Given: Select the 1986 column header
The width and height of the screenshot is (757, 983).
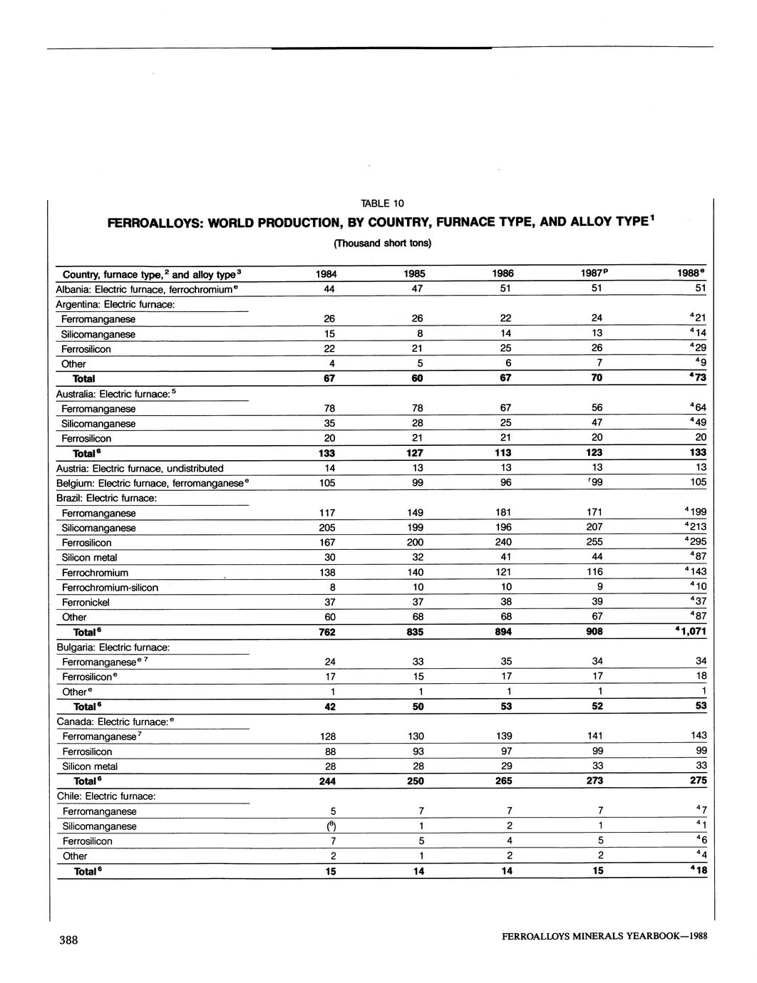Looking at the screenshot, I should point(503,274).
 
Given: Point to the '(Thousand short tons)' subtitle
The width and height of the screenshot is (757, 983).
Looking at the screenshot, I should point(382,243).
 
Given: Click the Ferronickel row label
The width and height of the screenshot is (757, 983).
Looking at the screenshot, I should point(86,603).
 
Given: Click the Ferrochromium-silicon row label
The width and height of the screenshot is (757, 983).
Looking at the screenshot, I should point(110,588).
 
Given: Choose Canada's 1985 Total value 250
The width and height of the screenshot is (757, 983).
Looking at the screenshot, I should point(416,781).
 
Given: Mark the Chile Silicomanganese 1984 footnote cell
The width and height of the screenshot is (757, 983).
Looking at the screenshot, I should point(330,826).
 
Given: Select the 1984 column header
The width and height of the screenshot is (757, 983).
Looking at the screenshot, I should point(327,274).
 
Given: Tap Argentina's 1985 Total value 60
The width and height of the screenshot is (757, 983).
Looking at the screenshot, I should point(417,378).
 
